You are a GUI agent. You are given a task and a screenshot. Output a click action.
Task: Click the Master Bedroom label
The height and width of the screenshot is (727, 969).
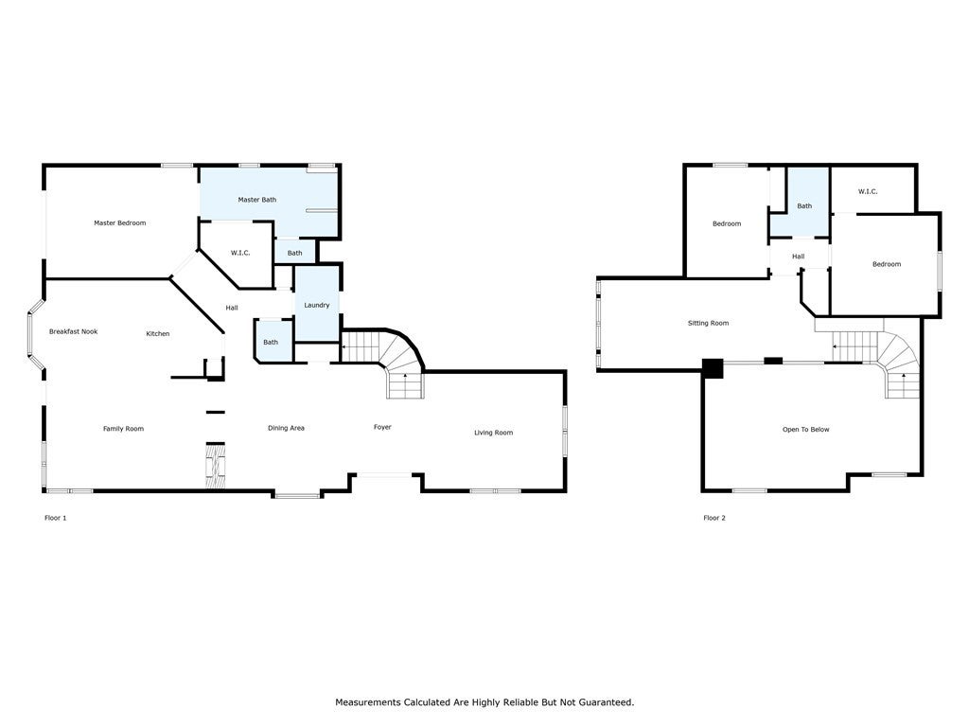[x=119, y=223]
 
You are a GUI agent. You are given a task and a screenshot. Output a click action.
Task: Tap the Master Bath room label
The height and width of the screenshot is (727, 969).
[x=256, y=200]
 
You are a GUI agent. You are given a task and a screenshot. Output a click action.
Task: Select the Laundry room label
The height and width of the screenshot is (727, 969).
[x=317, y=305]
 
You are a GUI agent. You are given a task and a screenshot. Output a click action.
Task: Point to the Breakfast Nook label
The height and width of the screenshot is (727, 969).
[x=73, y=331]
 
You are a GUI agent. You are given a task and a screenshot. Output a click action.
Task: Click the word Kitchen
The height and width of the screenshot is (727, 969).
[x=157, y=333]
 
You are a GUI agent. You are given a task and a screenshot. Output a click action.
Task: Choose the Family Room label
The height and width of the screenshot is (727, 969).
[x=123, y=429]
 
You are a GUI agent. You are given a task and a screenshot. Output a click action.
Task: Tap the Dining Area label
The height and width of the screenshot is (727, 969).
[x=286, y=428]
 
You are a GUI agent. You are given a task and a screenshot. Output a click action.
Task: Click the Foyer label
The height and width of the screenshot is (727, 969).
[x=382, y=427]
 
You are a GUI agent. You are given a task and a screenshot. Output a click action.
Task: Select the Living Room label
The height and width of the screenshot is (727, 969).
[x=493, y=433]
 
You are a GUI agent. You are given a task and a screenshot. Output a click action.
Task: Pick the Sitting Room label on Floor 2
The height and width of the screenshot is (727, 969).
[x=708, y=323]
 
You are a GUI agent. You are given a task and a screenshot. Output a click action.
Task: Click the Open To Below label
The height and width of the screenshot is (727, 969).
[x=805, y=429]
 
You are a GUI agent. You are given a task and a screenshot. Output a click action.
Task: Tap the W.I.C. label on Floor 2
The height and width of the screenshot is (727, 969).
[x=868, y=191]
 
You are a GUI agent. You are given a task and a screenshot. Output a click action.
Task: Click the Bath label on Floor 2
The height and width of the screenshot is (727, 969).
[x=804, y=205]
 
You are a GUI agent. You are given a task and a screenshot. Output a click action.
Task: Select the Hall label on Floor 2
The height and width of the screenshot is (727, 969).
[x=798, y=257]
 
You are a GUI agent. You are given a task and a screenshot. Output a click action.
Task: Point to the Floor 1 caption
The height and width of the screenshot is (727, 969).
[x=56, y=518]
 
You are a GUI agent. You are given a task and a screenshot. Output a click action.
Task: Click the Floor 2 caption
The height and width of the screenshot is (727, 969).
[x=714, y=518]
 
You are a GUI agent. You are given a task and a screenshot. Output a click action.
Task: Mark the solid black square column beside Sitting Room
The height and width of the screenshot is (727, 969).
[x=713, y=368]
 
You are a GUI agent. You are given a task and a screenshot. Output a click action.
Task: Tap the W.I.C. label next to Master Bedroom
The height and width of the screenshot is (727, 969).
[x=239, y=253]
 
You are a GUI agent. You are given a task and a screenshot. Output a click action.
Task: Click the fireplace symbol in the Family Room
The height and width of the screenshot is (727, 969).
[x=216, y=466]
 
